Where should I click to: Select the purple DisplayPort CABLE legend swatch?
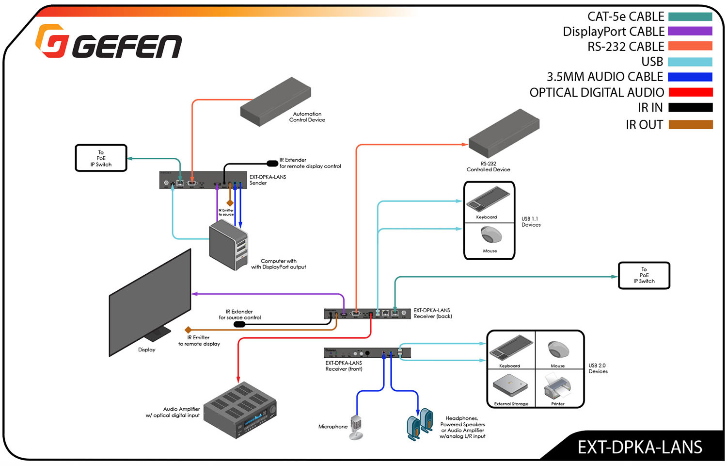[690, 31]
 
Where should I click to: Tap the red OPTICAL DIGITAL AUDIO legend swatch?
[690, 92]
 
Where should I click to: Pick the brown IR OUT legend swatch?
[690, 125]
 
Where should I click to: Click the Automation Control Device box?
[275, 101]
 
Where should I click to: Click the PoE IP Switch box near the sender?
[101, 158]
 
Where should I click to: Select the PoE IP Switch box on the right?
[644, 275]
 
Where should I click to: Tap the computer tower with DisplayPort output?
[228, 245]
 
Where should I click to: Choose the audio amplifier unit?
[240, 411]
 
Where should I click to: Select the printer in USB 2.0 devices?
[558, 387]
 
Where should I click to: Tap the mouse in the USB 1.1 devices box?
[490, 235]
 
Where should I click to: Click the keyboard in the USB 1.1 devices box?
[488, 200]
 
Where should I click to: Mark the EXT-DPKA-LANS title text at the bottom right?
[639, 447]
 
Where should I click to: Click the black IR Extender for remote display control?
[272, 164]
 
